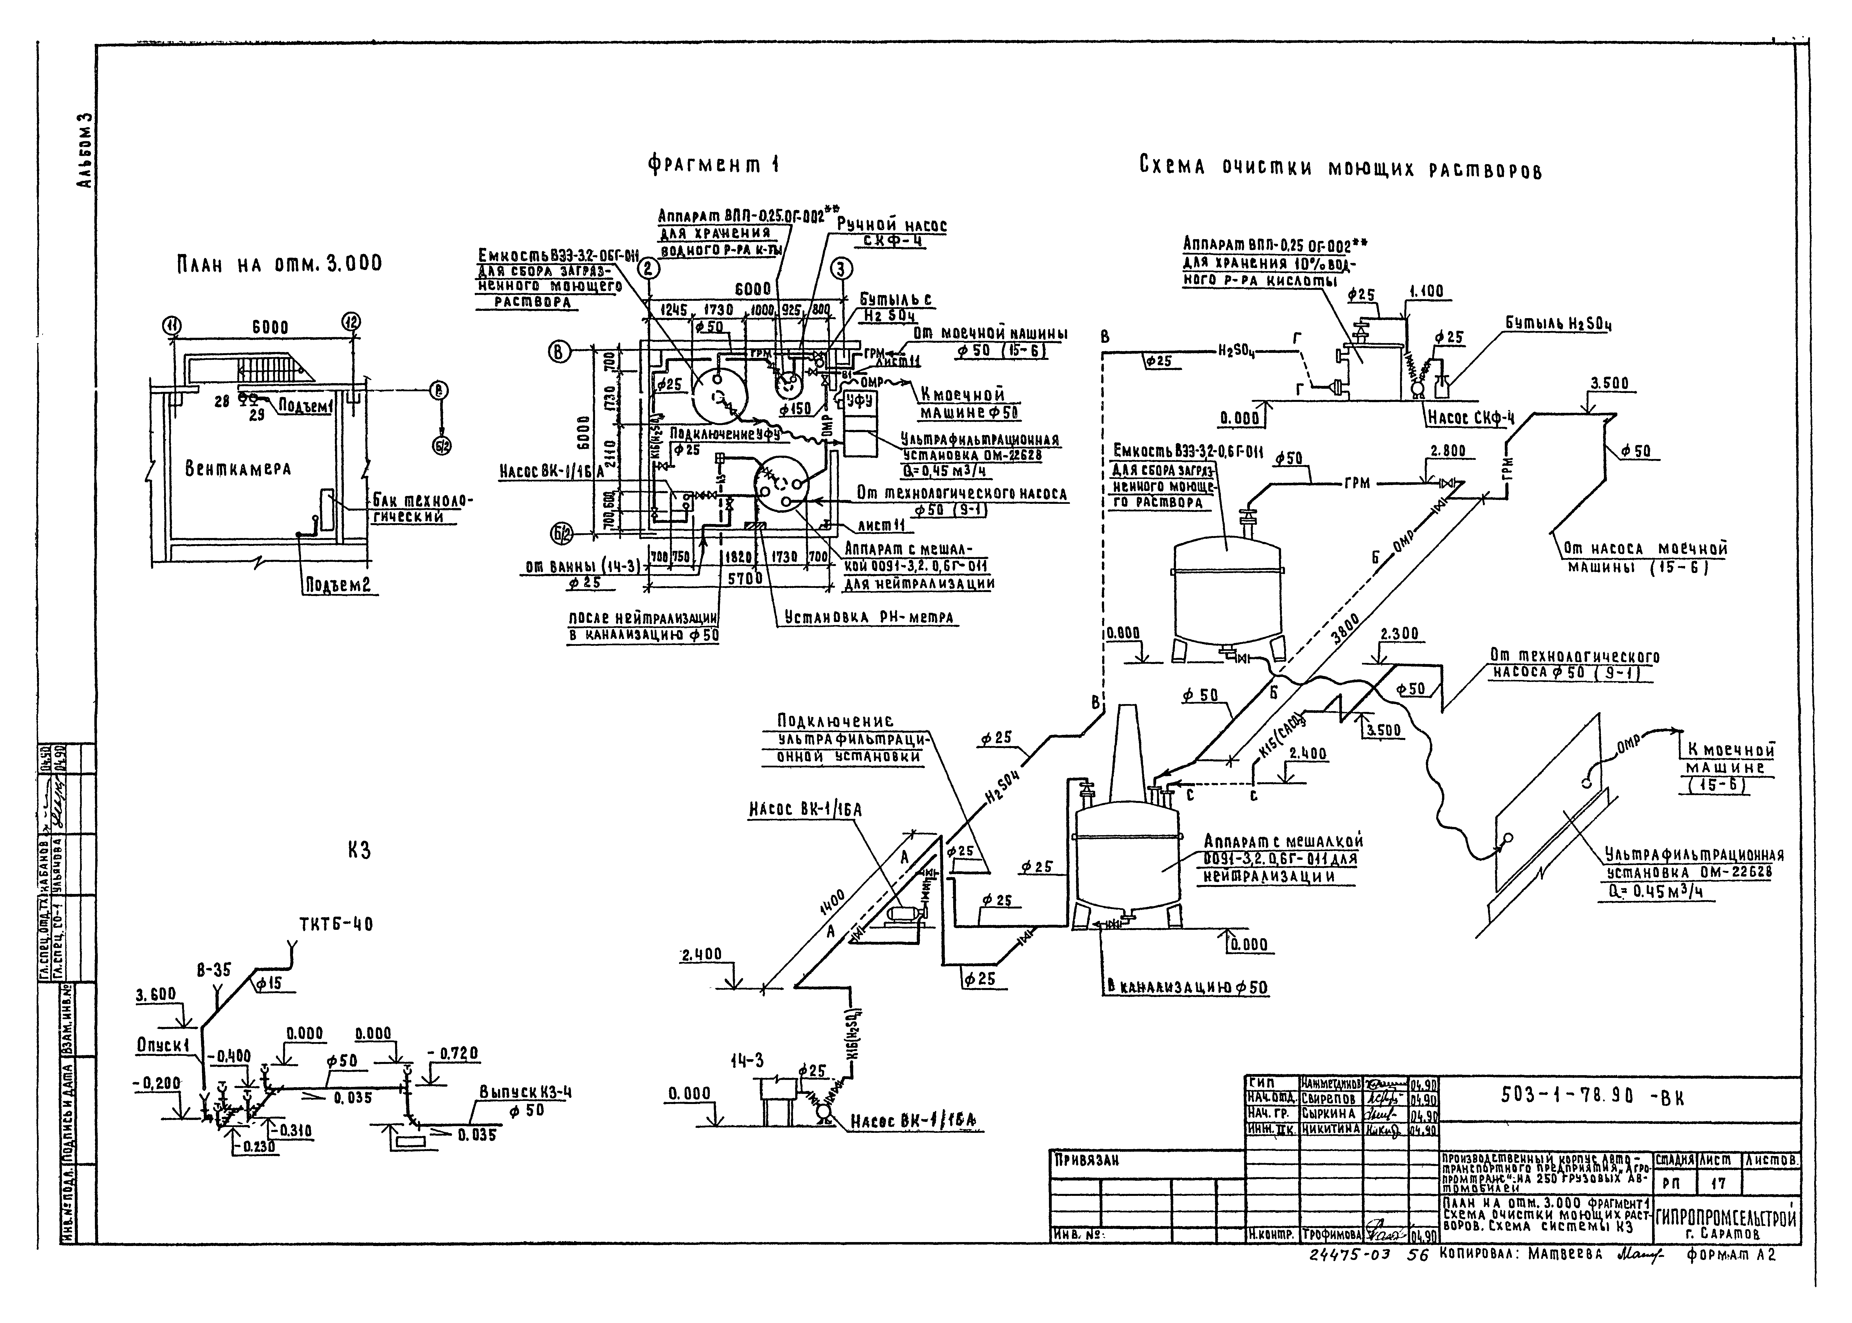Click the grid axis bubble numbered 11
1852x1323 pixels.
click(172, 327)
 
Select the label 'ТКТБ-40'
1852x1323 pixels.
click(336, 925)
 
